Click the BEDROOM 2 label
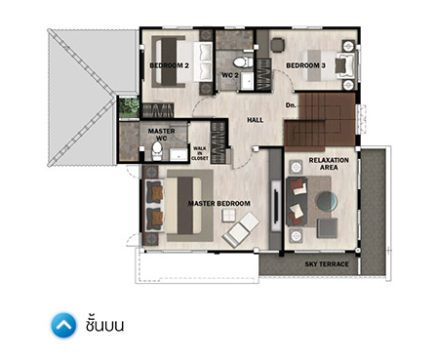tap(169, 65)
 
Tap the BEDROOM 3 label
tap(305, 65)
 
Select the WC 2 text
tap(230, 75)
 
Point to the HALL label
tap(256, 120)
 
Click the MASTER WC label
tap(162, 135)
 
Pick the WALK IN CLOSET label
tap(200, 153)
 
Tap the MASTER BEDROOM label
tap(219, 204)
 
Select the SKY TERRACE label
tap(327, 264)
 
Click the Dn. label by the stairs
tap(291, 105)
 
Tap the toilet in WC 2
tap(243, 61)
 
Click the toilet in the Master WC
tap(157, 150)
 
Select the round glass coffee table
tap(327, 202)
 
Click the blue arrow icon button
tap(63, 325)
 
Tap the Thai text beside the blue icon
tap(104, 324)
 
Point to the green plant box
tap(130, 107)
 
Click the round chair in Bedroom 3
tap(277, 45)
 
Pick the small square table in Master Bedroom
tap(228, 216)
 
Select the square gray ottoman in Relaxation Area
tap(327, 228)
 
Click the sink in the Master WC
tap(178, 154)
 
